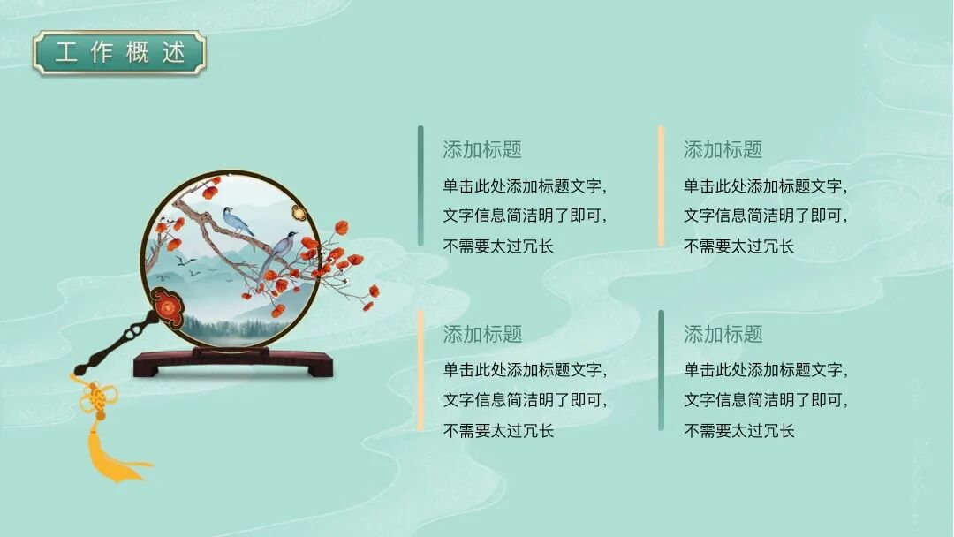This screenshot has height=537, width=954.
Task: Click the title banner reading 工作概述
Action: pos(119,52)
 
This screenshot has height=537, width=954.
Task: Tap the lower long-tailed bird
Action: pos(280,249)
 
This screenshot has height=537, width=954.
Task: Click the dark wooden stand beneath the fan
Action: pos(232,362)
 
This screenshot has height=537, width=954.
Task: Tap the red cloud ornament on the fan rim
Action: pos(167,305)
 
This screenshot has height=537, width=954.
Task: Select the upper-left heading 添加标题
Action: pos(482,150)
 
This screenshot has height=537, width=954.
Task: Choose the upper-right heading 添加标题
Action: pos(723,150)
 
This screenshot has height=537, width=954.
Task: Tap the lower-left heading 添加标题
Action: pos(482,335)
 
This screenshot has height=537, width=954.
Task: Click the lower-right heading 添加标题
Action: pos(723,335)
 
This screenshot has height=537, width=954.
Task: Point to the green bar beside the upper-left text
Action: pos(420,185)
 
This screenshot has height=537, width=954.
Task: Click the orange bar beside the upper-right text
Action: pos(661,185)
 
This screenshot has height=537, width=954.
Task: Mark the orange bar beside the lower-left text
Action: pos(420,370)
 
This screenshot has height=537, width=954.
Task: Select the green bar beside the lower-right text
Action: pos(661,370)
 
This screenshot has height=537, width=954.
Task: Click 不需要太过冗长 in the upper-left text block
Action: pos(498,246)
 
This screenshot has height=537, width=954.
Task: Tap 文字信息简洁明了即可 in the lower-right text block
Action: pos(765,400)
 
